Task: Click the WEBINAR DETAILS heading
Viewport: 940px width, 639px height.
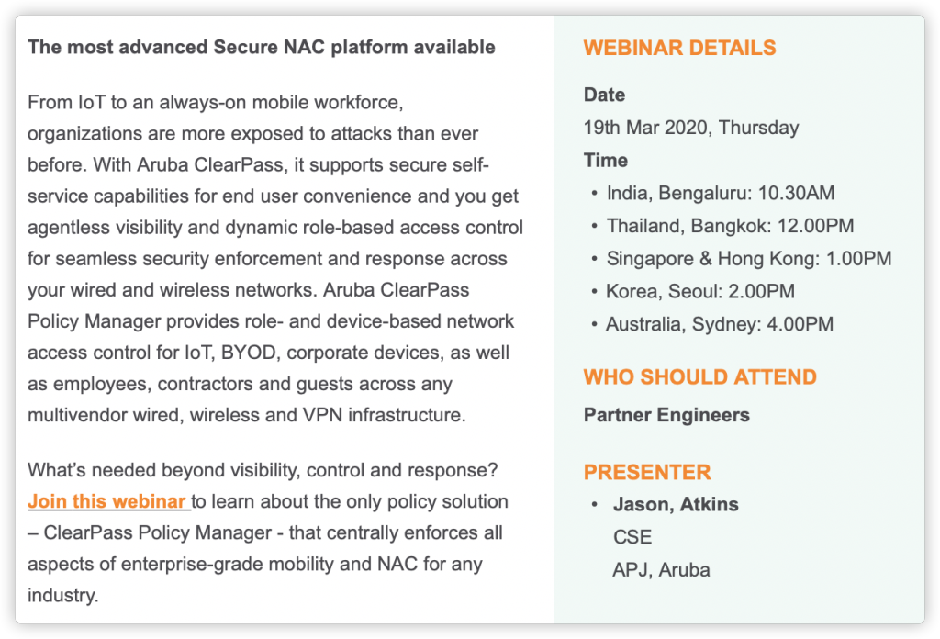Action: [x=680, y=48]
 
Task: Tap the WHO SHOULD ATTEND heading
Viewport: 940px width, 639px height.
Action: [x=700, y=377]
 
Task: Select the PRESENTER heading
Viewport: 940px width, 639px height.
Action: [x=647, y=472]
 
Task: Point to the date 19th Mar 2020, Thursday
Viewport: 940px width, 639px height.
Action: [x=691, y=128]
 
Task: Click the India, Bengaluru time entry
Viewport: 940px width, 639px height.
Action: [x=721, y=193]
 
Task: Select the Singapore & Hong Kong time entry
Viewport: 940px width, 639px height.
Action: [x=749, y=258]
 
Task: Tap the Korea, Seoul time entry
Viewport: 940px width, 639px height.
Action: [x=700, y=291]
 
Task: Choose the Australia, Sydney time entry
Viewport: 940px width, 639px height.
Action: [x=720, y=324]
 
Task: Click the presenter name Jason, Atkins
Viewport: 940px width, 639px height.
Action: [x=676, y=505]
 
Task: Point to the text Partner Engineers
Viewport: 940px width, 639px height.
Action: [x=666, y=415]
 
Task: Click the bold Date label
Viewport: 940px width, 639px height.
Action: [x=604, y=95]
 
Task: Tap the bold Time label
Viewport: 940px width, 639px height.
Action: [x=606, y=161]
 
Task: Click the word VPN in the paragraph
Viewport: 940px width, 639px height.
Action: [x=323, y=415]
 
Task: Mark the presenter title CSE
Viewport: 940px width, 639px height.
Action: [x=632, y=537]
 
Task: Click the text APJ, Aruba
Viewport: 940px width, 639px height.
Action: [x=661, y=570]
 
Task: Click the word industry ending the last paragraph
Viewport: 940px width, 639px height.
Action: [x=63, y=595]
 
